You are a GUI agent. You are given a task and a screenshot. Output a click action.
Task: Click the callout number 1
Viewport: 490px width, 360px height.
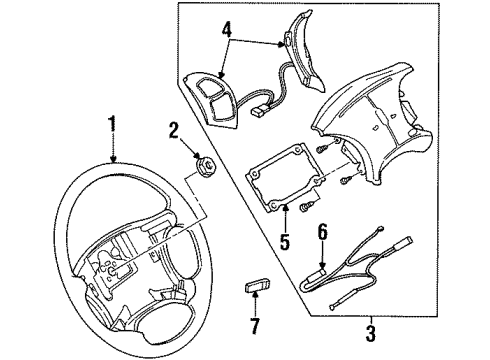click(x=113, y=127)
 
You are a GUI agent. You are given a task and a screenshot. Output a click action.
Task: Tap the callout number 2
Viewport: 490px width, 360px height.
click(x=174, y=129)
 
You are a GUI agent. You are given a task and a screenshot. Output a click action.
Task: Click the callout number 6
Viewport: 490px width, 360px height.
click(x=321, y=232)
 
